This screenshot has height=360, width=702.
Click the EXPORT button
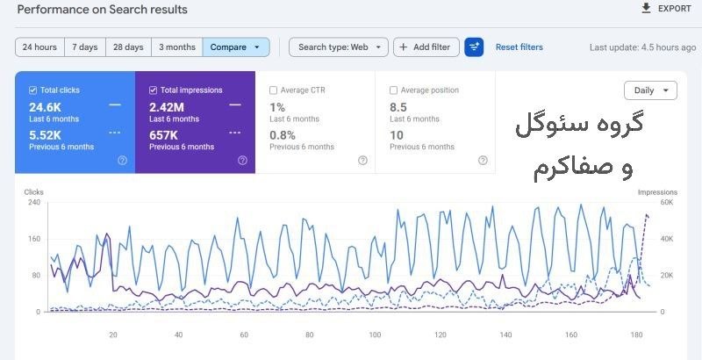click(666, 9)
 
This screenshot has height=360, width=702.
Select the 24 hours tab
click(39, 47)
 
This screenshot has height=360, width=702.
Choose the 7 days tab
click(85, 47)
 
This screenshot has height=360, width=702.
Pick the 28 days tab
click(128, 47)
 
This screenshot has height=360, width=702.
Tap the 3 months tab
click(177, 47)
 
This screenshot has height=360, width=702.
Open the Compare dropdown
click(236, 47)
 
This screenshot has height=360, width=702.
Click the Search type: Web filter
click(339, 47)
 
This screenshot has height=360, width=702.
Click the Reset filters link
click(519, 47)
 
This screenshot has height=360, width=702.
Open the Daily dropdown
click(650, 90)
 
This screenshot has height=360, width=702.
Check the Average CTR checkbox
click(273, 90)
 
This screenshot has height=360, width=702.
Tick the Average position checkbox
click(393, 90)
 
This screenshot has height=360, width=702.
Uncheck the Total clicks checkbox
click(32, 90)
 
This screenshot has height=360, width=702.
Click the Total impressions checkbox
click(153, 90)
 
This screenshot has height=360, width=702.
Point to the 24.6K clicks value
click(46, 107)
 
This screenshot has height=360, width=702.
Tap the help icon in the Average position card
click(483, 161)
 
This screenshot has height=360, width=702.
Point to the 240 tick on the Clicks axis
click(34, 202)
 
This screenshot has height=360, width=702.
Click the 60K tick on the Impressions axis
click(667, 202)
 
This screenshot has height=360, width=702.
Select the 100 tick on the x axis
click(375, 335)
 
